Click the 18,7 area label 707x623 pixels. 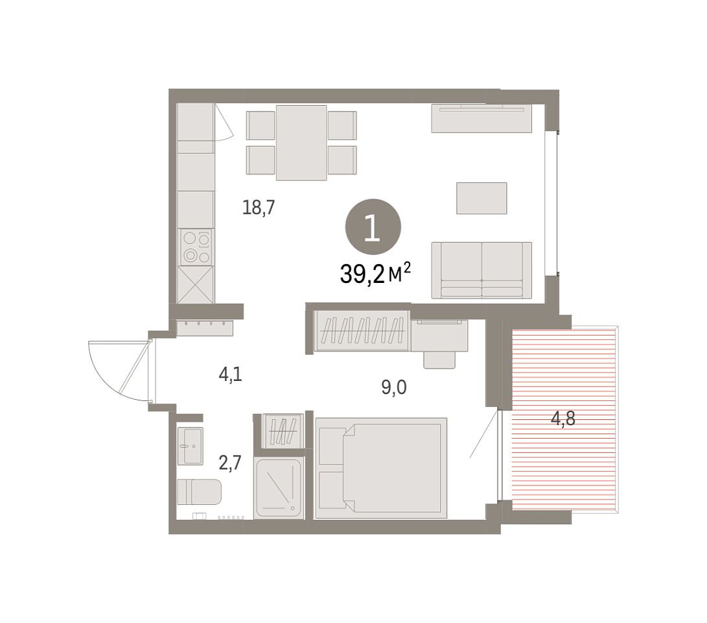259,207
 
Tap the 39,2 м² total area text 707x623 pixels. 375,273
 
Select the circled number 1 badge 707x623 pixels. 373,226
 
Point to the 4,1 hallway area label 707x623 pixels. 231,374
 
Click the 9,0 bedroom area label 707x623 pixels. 394,387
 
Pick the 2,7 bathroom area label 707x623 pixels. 230,463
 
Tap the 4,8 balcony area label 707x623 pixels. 563,419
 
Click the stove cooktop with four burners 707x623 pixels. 196,247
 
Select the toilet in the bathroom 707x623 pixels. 199,492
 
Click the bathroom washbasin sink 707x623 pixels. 190,446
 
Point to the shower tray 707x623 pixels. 278,489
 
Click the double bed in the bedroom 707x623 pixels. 381,468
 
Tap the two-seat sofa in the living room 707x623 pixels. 481,270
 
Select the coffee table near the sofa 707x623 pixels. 481,198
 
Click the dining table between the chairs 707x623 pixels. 301,143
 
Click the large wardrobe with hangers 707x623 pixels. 362,330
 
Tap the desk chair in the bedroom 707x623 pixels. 439,360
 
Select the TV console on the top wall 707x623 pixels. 481,118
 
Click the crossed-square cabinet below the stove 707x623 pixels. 196,285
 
